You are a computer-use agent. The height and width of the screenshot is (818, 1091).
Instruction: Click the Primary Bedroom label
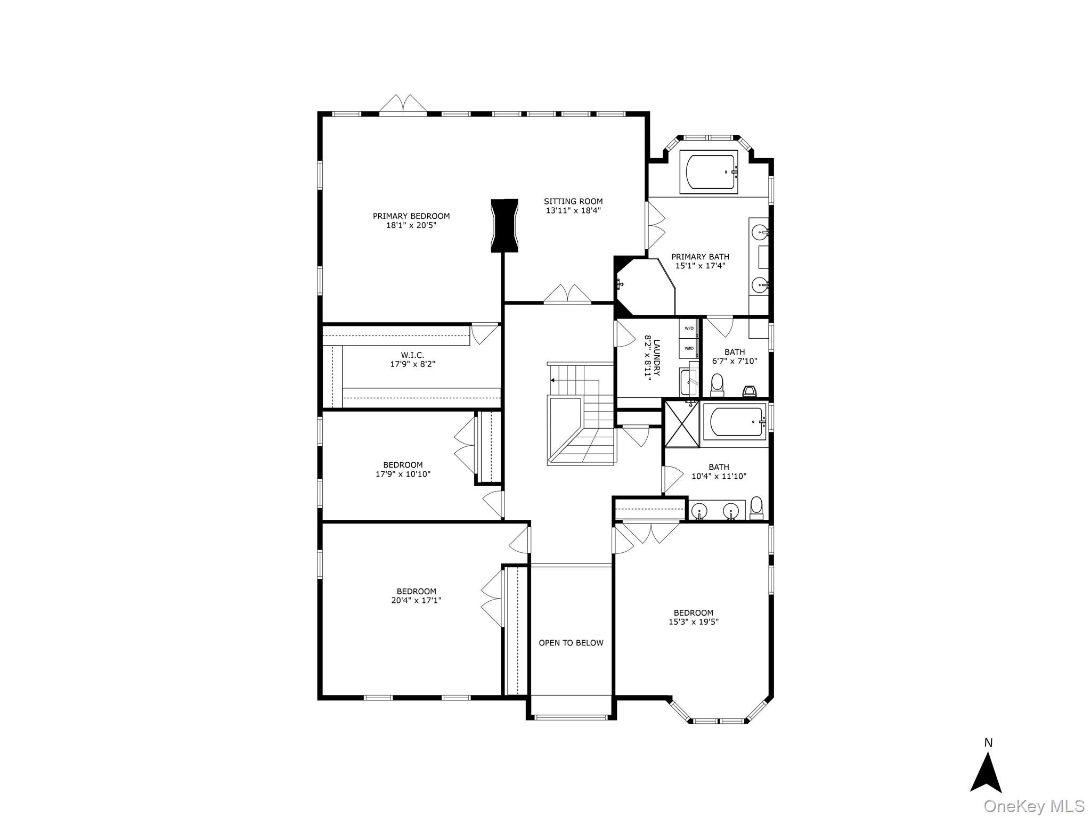pyautogui.click(x=411, y=216)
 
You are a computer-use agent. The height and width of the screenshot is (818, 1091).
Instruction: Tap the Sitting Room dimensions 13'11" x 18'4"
pyautogui.click(x=573, y=210)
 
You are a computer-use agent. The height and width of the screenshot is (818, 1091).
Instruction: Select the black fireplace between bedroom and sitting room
pyautogui.click(x=504, y=225)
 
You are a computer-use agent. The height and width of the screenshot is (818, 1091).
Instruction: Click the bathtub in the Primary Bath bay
pyautogui.click(x=709, y=171)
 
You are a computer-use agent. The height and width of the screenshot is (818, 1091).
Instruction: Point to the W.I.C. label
pyautogui.click(x=412, y=355)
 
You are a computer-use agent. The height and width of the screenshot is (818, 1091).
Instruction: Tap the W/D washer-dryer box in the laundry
pyautogui.click(x=689, y=328)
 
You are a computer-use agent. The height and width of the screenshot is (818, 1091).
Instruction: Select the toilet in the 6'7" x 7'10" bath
pyautogui.click(x=717, y=385)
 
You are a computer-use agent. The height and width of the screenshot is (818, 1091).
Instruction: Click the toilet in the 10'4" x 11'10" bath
pyautogui.click(x=756, y=508)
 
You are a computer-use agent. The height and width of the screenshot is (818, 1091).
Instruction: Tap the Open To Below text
pyautogui.click(x=571, y=643)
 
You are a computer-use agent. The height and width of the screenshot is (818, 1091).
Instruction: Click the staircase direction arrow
pyautogui.click(x=553, y=380)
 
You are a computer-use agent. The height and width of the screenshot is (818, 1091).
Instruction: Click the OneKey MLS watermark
pyautogui.click(x=1034, y=806)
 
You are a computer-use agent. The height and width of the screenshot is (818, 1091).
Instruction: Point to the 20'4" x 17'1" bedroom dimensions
pyautogui.click(x=416, y=600)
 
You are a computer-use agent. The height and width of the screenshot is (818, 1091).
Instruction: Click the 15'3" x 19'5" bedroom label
pyautogui.click(x=693, y=613)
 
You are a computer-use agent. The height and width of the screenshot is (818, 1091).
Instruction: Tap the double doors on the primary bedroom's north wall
pyautogui.click(x=403, y=105)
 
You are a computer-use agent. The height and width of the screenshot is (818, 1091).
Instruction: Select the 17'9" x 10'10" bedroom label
pyautogui.click(x=403, y=465)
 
